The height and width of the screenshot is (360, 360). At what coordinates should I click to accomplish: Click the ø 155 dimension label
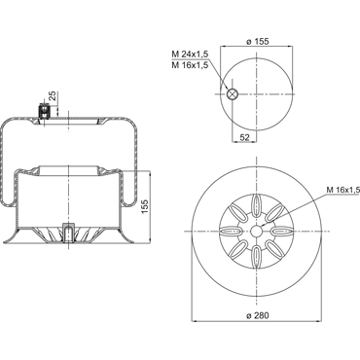pyautogui.click(x=258, y=42)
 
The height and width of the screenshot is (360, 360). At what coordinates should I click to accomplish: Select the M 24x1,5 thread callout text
pyautogui.click(x=190, y=54)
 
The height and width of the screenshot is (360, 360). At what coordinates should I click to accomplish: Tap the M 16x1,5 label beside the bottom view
pyautogui.click(x=343, y=190)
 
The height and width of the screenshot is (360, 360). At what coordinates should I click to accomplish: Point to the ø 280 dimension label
pyautogui.click(x=258, y=315)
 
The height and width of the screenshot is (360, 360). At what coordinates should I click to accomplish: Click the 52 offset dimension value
pyautogui.click(x=245, y=137)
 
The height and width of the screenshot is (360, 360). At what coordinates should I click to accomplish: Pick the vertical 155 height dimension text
pyautogui.click(x=145, y=206)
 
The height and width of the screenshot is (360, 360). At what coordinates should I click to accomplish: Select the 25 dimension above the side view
pyautogui.click(x=53, y=96)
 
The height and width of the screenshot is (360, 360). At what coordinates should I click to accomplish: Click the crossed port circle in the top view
pyautogui.click(x=233, y=94)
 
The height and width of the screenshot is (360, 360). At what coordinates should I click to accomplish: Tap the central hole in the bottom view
pyautogui.click(x=257, y=232)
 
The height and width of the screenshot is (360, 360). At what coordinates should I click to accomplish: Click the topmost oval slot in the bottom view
pyautogui.click(x=257, y=204)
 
